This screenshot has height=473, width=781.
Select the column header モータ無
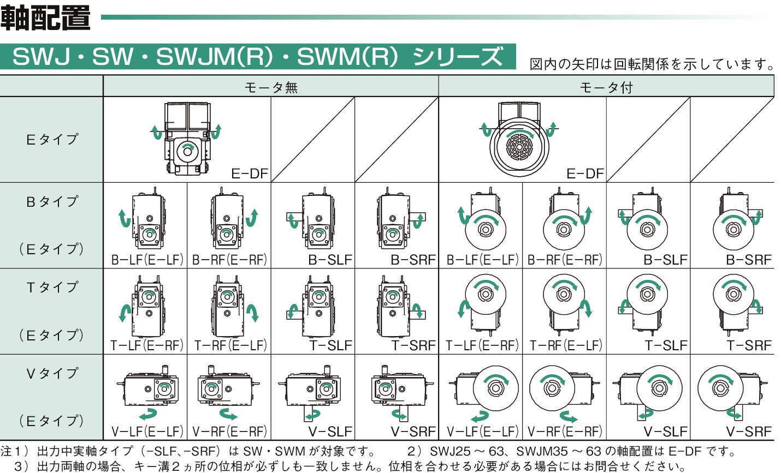coord(270,87)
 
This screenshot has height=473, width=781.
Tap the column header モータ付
coord(606,87)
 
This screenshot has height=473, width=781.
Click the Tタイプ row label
coord(52,287)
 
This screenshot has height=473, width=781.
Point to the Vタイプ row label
coord(52,374)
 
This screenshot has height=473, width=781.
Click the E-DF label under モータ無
coord(250,174)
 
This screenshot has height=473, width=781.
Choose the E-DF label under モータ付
coord(585,174)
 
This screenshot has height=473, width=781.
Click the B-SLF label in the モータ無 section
coord(330,260)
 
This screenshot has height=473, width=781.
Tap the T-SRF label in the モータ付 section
coord(749,345)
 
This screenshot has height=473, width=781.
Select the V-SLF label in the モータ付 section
coord(665,432)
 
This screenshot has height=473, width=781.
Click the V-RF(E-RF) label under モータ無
coord(229,432)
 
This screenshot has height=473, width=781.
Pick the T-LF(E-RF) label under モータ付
coord(482,345)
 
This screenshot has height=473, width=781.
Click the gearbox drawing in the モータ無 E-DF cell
coord(187,139)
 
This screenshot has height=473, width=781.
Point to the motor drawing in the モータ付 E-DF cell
coord(519,141)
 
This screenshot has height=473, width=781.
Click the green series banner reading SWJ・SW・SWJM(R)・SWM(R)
coord(258,57)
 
